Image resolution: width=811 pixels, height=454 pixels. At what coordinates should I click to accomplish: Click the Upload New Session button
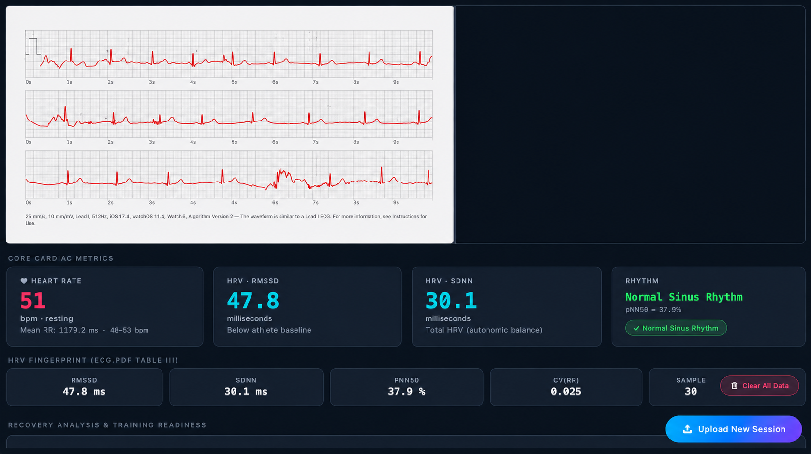(x=734, y=429)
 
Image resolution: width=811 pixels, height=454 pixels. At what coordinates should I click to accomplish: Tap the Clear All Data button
(x=759, y=386)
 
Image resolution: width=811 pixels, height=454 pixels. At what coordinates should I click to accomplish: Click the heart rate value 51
(x=33, y=301)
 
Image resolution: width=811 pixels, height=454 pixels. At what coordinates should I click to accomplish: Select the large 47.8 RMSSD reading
(x=253, y=301)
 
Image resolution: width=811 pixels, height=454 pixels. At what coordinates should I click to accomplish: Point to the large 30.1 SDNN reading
(x=451, y=301)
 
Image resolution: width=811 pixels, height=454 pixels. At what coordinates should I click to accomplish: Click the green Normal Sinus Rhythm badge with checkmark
(x=676, y=328)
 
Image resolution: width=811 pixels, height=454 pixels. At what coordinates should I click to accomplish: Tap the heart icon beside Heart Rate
(x=24, y=281)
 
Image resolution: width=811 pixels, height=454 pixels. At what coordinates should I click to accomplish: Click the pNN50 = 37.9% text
(x=653, y=310)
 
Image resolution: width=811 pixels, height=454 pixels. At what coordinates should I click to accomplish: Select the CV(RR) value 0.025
(x=566, y=392)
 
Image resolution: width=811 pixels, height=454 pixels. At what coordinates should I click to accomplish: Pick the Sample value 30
(x=691, y=392)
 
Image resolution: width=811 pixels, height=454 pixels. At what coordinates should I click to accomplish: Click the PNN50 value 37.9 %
(x=407, y=392)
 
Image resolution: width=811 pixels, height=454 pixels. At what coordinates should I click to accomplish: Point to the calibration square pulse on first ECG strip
(x=33, y=46)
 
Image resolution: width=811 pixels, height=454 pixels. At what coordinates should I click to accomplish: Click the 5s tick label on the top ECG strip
(x=234, y=82)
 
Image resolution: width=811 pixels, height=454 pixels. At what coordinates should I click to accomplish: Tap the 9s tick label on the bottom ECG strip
(x=396, y=202)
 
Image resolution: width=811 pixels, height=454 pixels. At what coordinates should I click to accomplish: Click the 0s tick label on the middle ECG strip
(x=29, y=142)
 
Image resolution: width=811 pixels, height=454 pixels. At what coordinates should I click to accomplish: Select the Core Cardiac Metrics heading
(x=61, y=258)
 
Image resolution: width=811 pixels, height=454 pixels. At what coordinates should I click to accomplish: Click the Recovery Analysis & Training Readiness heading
(x=107, y=425)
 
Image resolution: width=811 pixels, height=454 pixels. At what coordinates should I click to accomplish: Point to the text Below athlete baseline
(x=269, y=330)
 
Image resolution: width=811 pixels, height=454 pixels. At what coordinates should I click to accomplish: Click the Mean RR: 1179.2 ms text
(x=59, y=330)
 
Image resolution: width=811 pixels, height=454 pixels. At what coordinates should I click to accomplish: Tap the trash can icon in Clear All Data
(x=734, y=386)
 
